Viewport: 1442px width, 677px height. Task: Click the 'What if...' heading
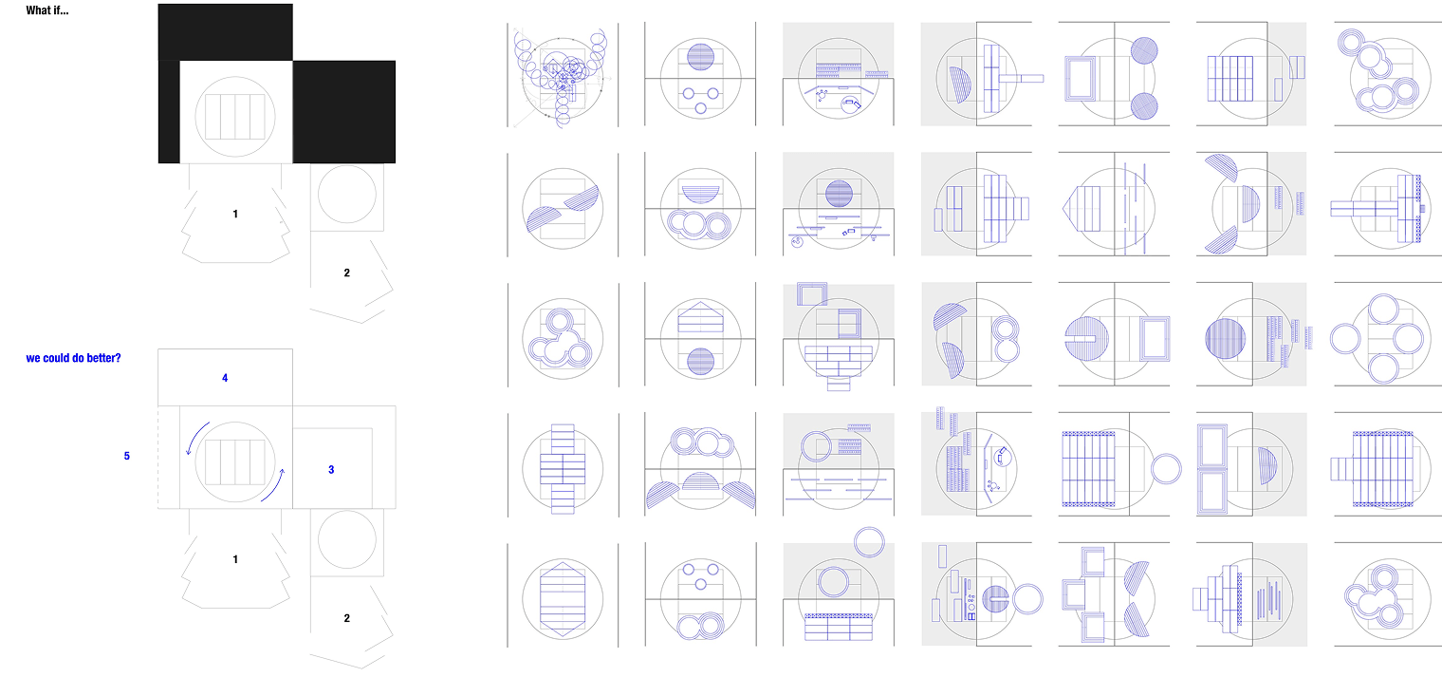[47, 10]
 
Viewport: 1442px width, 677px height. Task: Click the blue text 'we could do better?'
[73, 358]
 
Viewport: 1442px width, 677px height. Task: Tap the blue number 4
[225, 378]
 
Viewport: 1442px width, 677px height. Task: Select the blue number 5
[127, 456]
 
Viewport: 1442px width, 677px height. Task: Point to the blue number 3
[331, 470]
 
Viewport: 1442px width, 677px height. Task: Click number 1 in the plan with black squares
[235, 214]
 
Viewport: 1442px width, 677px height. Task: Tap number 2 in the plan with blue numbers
[347, 618]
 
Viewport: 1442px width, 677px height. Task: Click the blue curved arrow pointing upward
[274, 486]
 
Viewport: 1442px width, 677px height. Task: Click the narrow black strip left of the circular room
[169, 111]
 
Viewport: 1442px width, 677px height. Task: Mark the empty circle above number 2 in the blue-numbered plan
[347, 540]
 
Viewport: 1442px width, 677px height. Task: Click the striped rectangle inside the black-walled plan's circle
[235, 117]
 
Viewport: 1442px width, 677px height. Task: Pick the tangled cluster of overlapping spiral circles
[562, 74]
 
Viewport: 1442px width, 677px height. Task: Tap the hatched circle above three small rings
[700, 57]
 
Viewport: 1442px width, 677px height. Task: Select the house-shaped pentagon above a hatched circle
[700, 317]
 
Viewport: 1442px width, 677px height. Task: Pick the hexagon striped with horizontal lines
[563, 599]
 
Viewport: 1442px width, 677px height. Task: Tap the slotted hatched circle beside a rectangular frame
[1086, 338]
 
